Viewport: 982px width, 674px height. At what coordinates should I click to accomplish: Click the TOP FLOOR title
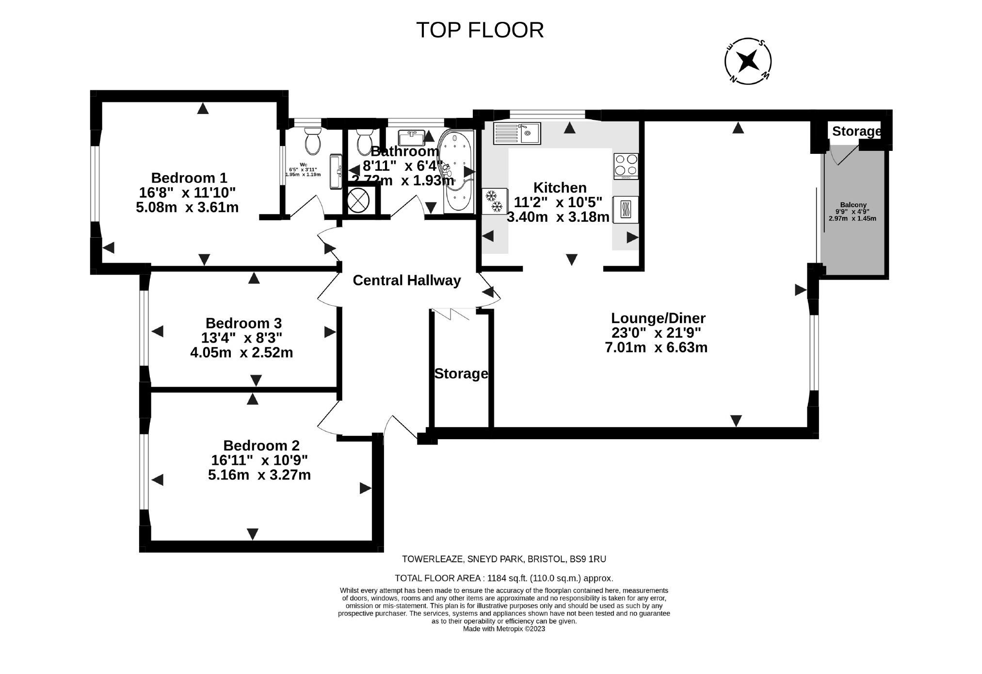coord(480,30)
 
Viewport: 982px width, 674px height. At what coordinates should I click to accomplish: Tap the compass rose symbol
coord(748,61)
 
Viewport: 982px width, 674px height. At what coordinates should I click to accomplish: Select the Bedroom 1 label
coord(189,178)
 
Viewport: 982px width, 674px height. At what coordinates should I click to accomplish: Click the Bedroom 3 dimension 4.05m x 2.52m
coord(241,352)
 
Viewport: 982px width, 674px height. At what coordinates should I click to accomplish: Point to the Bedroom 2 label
coord(261,445)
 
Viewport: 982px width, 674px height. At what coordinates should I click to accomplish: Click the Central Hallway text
coord(406,280)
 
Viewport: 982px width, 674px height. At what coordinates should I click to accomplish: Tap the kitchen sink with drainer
coord(517,133)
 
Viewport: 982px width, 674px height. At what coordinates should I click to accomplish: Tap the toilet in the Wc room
coord(313,140)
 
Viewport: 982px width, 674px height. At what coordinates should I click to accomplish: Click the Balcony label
coord(853,205)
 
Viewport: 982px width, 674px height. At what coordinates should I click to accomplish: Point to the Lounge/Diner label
coord(658,318)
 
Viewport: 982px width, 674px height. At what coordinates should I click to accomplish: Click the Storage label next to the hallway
coord(461,374)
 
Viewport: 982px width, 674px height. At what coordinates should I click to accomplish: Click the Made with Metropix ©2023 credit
coord(504,629)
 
